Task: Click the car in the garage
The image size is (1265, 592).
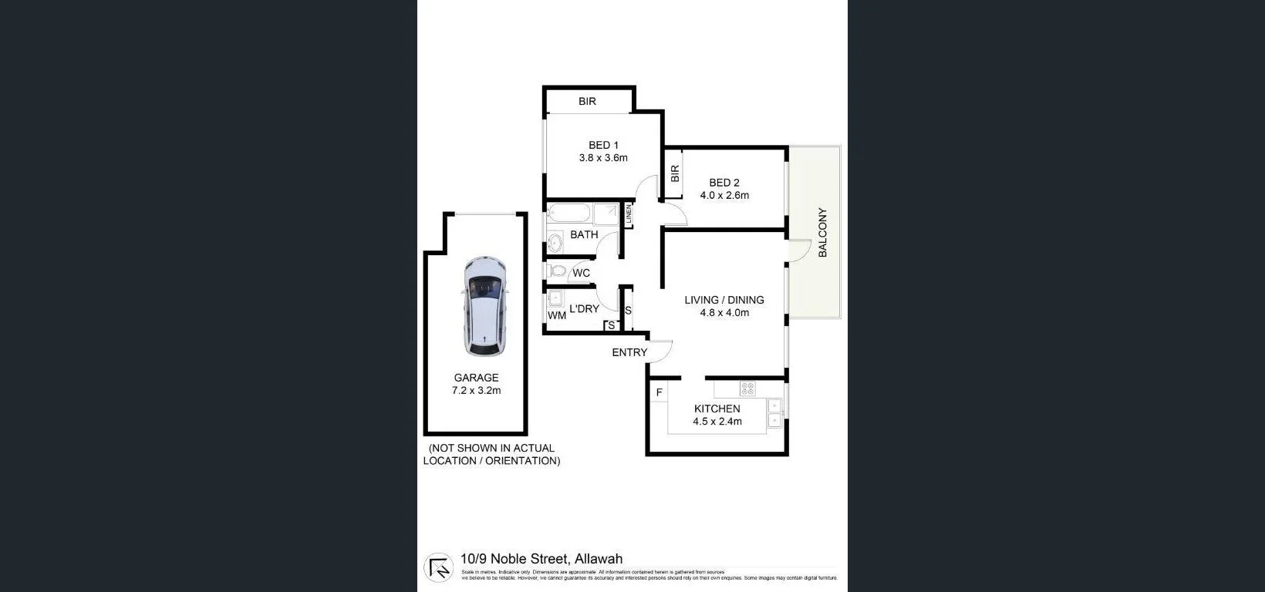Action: [x=484, y=306]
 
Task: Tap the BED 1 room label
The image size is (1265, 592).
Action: [x=603, y=145]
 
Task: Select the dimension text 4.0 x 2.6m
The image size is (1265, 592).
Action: [x=724, y=196]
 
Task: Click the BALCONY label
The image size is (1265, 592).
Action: [x=822, y=232]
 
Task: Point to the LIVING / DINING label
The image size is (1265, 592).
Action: [x=724, y=300]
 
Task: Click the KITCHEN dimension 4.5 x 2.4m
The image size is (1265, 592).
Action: [x=717, y=422]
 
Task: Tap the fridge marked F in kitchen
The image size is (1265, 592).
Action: [x=659, y=393]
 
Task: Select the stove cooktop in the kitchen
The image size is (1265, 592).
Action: [x=747, y=388]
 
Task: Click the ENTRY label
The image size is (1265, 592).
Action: [x=629, y=352]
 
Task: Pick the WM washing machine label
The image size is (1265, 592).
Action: [x=557, y=315]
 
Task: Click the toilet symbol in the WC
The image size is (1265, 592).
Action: [x=558, y=271]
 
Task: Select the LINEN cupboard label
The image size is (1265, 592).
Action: [x=629, y=215]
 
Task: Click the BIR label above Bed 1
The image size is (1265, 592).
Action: [x=587, y=101]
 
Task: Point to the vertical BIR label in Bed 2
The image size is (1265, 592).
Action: [x=675, y=174]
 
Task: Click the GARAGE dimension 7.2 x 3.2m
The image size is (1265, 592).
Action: [x=476, y=391]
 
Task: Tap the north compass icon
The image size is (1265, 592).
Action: [x=439, y=567]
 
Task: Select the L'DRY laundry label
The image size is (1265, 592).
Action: [x=584, y=309]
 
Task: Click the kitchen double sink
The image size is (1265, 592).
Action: [x=774, y=412]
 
